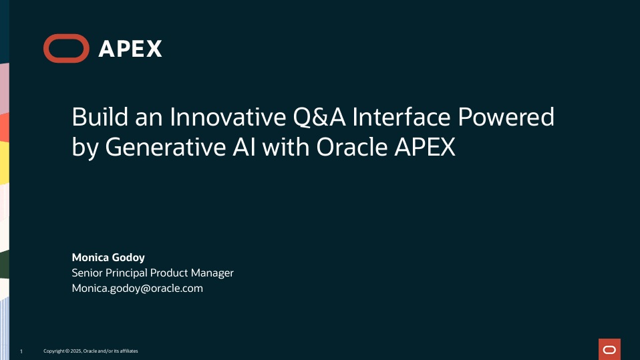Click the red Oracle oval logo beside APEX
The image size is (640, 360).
(65, 49)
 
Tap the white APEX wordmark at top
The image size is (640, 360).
(130, 49)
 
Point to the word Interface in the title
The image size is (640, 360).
(401, 118)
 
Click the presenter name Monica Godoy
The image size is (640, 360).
(108, 257)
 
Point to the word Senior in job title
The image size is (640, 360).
(88, 273)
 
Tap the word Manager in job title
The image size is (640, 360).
(213, 273)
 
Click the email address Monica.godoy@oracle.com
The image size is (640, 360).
(137, 289)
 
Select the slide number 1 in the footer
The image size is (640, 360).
(21, 351)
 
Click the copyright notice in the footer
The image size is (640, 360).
(91, 351)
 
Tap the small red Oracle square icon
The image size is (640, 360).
(609, 349)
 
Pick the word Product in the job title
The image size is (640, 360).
(170, 273)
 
